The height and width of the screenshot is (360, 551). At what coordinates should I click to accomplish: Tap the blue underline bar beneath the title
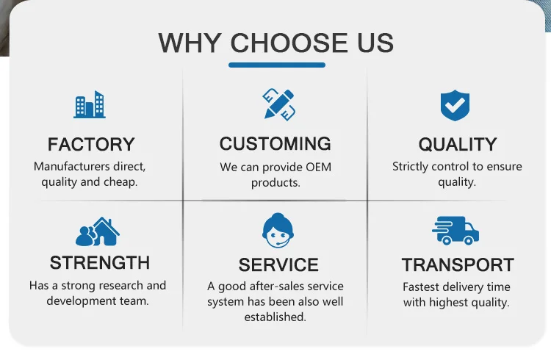tap(276, 65)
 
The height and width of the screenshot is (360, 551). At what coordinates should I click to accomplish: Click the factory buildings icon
tap(90, 105)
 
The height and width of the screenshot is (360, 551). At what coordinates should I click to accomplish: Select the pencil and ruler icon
tap(278, 104)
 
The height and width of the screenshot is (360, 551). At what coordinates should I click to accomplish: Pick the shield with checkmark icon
tap(455, 106)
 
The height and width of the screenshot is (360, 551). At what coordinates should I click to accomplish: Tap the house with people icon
tap(97, 231)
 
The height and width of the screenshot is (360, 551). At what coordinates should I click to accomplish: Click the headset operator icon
tap(278, 230)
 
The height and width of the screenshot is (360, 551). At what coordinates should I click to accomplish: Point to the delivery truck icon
tap(455, 231)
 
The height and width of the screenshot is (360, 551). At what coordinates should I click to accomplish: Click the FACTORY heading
tap(91, 144)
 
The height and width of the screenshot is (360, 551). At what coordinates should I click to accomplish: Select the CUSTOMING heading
tap(275, 143)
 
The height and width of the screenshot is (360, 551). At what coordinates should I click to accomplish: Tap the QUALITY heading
tap(458, 144)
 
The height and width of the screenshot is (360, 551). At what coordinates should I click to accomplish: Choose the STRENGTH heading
tap(99, 262)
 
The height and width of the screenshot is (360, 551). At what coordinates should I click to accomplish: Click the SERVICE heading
tap(278, 264)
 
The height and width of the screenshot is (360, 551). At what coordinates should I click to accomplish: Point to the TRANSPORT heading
tap(458, 264)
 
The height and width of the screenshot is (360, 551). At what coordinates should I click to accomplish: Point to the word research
tap(121, 285)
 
